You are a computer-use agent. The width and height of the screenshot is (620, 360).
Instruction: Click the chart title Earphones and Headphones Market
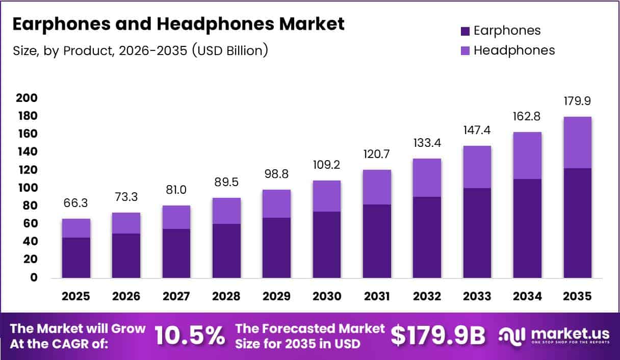tap(178, 24)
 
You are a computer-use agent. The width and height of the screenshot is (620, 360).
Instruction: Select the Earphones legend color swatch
tap(464, 31)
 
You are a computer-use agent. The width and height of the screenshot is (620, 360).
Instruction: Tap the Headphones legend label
tap(514, 50)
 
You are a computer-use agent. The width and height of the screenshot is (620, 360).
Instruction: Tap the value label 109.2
tap(327, 166)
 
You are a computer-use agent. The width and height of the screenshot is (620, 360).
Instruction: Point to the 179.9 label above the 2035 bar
tap(577, 101)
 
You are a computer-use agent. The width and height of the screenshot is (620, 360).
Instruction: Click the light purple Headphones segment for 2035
tap(577, 142)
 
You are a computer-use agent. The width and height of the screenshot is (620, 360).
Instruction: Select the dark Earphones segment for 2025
tap(76, 258)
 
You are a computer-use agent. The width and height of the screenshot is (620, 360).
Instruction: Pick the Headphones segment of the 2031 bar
tap(377, 187)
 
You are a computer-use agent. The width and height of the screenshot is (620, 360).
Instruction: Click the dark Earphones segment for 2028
tap(226, 250)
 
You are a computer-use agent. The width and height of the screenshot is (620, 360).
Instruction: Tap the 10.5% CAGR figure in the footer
tap(189, 336)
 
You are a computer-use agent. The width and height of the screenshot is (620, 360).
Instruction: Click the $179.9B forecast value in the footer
tap(438, 336)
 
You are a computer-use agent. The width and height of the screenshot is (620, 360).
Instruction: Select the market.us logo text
tap(570, 333)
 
